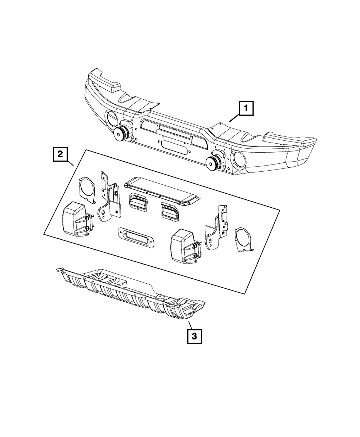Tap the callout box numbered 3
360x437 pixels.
[194, 337]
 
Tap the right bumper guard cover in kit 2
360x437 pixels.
[183, 248]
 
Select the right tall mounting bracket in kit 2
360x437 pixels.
[216, 230]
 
